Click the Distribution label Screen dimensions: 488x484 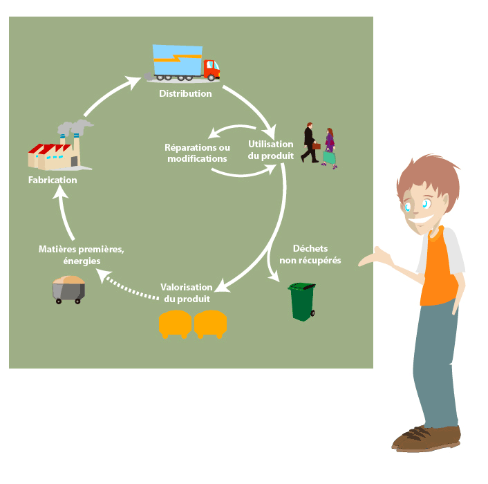(x=185, y=93)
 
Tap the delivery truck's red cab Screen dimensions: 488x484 (x=212, y=69)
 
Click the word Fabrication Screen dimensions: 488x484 (x=53, y=180)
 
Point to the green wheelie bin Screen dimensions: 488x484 (x=301, y=301)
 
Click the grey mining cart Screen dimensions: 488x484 (x=69, y=290)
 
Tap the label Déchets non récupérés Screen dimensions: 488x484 (x=310, y=254)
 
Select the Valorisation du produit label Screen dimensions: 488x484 (x=187, y=293)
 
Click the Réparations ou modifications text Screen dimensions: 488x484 (x=197, y=153)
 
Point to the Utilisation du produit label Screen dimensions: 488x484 (x=271, y=150)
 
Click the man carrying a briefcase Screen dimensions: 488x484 (x=310, y=142)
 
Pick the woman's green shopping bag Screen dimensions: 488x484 (x=329, y=158)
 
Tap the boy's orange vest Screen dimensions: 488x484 (x=438, y=267)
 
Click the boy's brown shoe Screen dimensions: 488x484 (x=426, y=438)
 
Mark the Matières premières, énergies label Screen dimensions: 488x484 (x=82, y=255)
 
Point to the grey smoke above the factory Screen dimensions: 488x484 (x=75, y=127)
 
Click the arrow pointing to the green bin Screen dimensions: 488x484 (x=270, y=267)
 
